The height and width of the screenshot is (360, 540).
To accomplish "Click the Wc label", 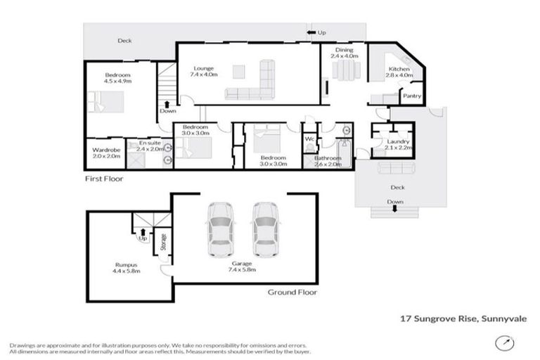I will coord(309,139).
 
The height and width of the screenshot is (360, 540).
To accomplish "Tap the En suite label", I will coord(149,144).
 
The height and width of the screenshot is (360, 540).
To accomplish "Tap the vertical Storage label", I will coord(164,243).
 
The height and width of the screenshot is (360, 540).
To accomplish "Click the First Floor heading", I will coord(103,179).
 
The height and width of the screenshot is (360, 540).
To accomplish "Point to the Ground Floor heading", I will coord(292,292).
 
